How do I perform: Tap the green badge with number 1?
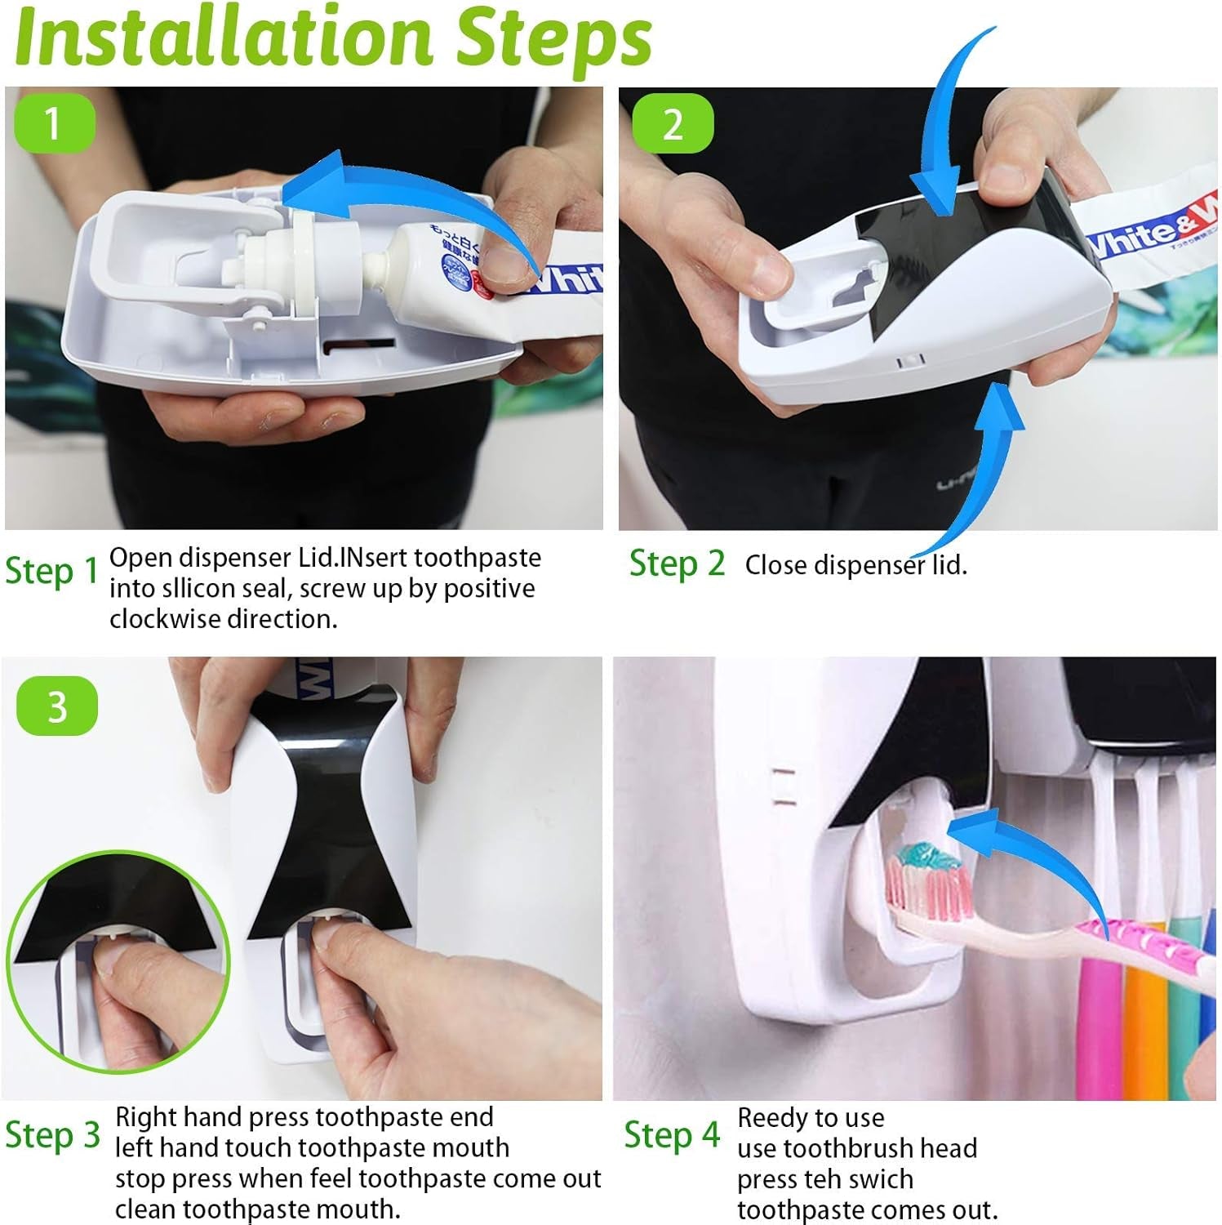point(54,123)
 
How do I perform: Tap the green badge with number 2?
point(672,124)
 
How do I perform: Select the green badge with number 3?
point(56,706)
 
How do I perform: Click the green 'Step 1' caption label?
point(51,571)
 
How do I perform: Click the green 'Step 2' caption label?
point(677,563)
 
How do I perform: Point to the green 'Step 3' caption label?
point(52,1134)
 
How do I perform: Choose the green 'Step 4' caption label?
point(672,1134)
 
